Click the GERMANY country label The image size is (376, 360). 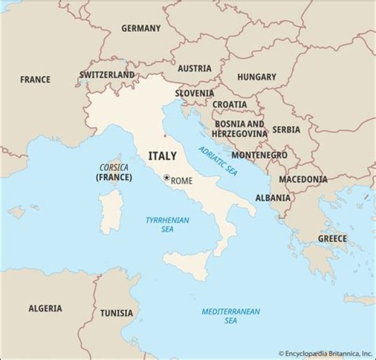[141, 28]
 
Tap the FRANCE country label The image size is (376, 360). [36, 79]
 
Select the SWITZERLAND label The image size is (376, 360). [107, 75]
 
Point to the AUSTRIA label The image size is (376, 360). [195, 68]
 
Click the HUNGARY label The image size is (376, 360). [256, 77]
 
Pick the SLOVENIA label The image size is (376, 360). [194, 93]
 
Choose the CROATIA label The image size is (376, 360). [230, 104]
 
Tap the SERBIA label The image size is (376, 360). [286, 129]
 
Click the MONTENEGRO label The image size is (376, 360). [259, 155]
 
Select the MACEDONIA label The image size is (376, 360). [303, 179]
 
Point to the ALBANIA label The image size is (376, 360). [273, 198]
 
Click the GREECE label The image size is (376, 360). [332, 238]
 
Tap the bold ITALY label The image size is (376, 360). [162, 156]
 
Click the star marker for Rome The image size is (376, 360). [167, 178]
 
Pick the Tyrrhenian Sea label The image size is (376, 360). [167, 224]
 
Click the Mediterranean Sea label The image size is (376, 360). [231, 316]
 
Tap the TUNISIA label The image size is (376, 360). [116, 313]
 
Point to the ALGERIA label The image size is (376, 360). [45, 308]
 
